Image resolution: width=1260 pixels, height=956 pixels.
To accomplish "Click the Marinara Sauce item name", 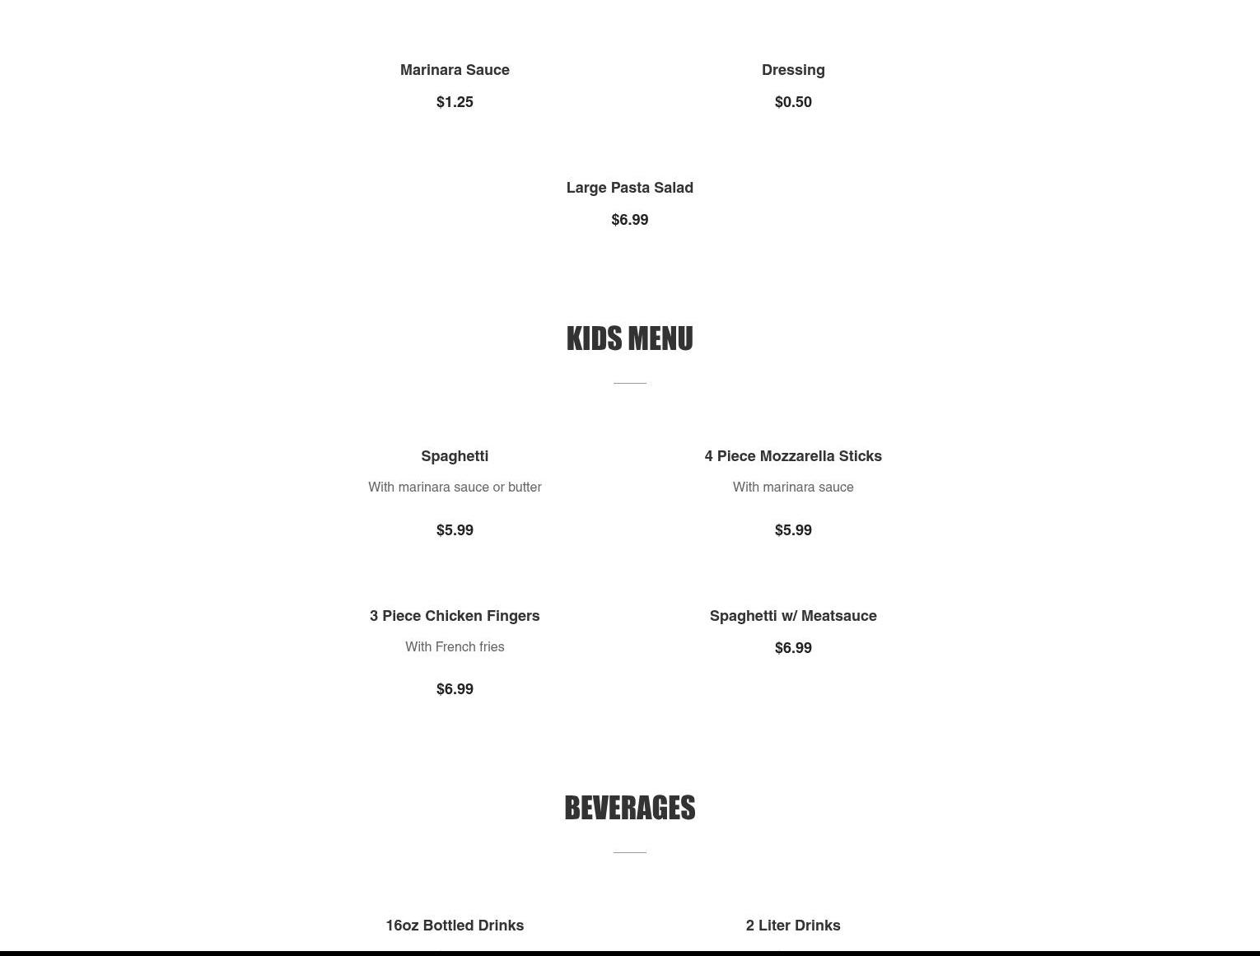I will (455, 70).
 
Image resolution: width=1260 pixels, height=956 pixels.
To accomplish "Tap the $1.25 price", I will (455, 102).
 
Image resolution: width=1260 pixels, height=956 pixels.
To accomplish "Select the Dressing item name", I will (793, 70).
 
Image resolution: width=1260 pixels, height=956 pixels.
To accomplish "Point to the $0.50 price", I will (793, 102).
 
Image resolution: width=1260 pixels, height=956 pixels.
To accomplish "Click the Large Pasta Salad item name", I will (630, 188).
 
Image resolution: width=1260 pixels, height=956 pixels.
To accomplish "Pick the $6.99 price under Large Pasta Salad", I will (630, 220).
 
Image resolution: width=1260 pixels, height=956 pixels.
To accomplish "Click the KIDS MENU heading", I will (630, 338).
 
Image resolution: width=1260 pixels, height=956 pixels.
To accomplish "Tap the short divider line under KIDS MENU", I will (630, 383).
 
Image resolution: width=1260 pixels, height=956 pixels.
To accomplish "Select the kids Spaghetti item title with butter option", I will (455, 456).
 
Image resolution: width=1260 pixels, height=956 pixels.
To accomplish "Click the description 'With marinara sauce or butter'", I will (455, 487).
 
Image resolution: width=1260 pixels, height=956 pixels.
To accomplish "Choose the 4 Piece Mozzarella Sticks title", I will (793, 456).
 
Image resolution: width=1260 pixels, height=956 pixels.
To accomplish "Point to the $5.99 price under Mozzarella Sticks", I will (793, 530).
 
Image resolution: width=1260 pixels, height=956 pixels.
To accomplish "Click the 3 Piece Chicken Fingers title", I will (455, 616).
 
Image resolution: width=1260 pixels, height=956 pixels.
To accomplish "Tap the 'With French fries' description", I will (455, 647).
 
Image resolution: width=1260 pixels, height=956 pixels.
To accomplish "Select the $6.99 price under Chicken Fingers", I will (455, 689).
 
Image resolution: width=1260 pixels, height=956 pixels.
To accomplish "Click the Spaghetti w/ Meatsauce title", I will (793, 616).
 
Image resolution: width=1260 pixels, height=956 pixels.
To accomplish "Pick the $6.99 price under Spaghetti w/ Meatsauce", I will (793, 648).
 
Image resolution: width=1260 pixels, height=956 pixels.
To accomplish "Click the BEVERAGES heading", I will (630, 808).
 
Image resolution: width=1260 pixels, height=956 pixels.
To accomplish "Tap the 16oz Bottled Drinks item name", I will (455, 926).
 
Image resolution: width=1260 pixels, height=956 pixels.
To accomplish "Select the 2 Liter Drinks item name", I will (793, 926).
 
